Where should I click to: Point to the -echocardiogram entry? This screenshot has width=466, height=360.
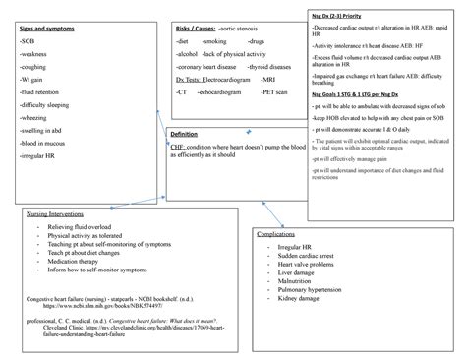point(220,90)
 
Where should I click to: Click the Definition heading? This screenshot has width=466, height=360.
point(184,133)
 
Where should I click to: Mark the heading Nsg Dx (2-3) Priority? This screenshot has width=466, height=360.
point(340,19)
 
